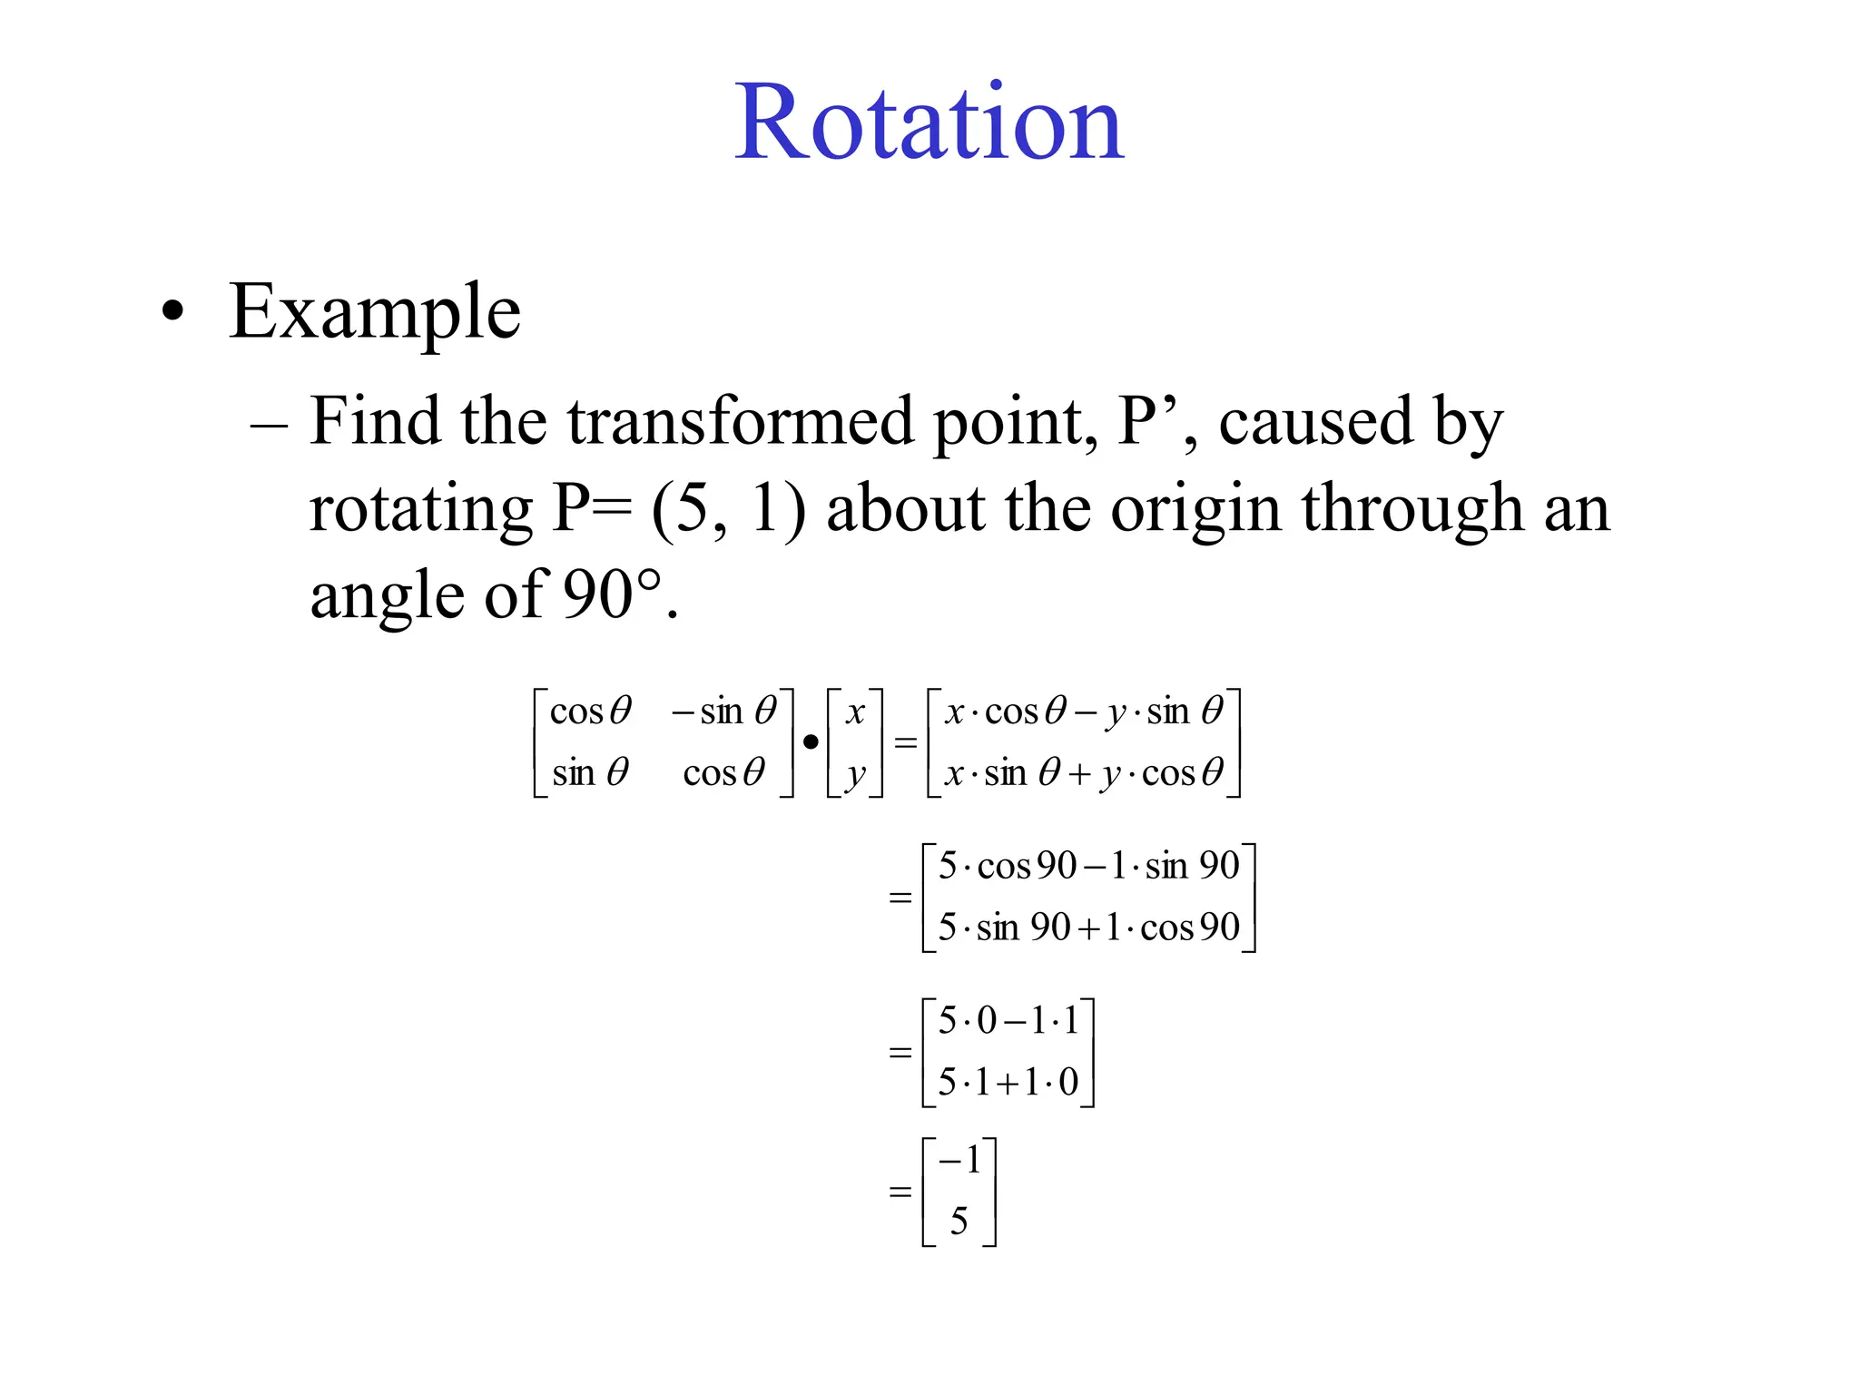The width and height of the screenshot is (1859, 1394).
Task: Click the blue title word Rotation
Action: pos(929,123)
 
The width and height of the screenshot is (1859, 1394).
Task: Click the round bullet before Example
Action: pos(172,312)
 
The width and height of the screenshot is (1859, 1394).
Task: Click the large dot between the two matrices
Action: pos(811,742)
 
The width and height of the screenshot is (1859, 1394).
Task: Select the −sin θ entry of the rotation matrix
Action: pos(724,711)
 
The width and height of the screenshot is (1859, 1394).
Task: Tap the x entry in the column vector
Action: pos(854,712)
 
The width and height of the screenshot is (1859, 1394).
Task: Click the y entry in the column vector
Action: pos(854,774)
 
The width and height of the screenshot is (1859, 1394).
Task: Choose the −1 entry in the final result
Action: pos(960,1160)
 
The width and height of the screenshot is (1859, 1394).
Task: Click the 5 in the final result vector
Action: pos(959,1222)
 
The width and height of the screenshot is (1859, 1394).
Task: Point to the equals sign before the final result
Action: pos(900,1191)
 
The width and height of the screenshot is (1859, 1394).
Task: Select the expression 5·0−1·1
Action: pos(1008,1021)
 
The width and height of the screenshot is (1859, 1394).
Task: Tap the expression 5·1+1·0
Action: pos(1008,1082)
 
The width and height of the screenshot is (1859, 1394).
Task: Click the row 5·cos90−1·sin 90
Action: pos(1088,866)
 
